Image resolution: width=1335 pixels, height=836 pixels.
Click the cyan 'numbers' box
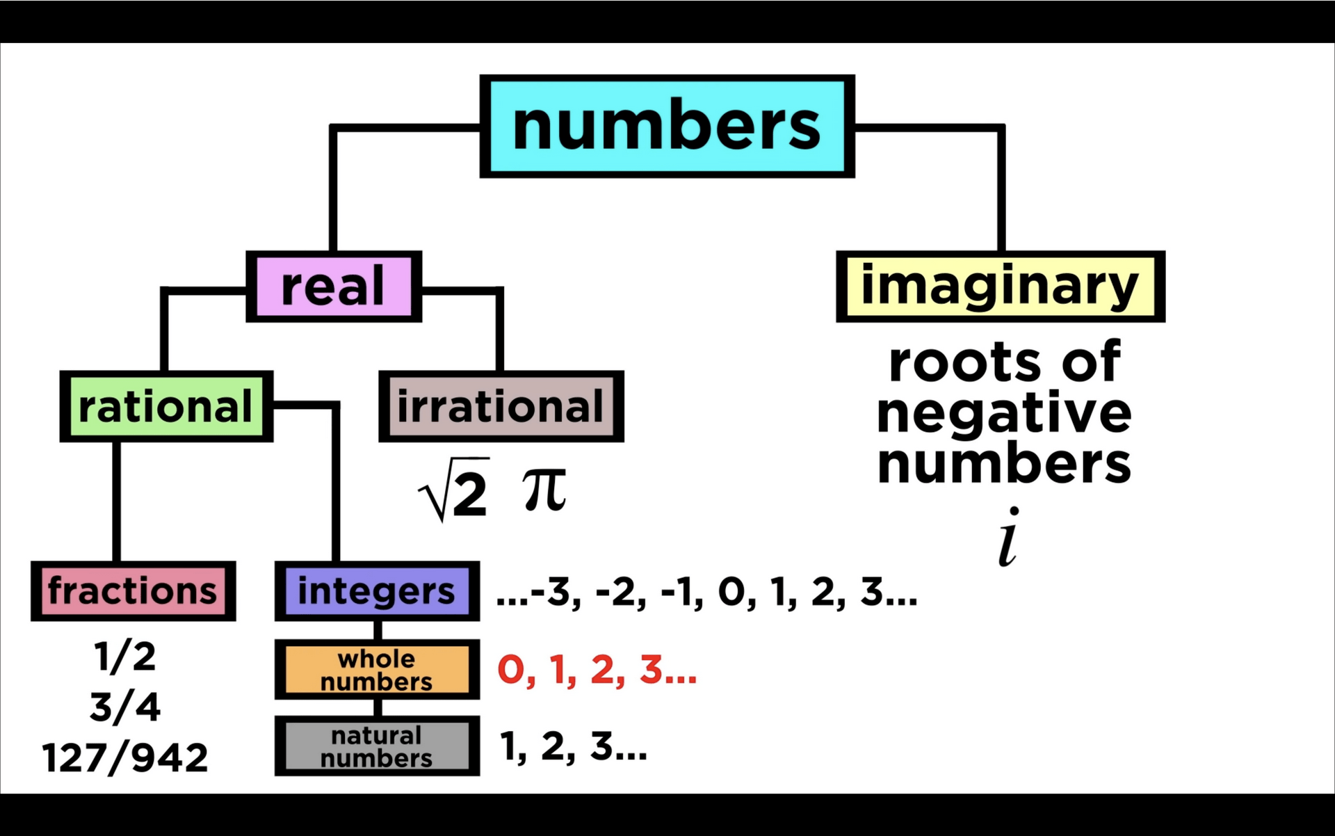(x=667, y=127)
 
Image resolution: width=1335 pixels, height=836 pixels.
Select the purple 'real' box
(x=334, y=287)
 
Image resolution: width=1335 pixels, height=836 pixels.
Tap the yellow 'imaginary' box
(x=1000, y=287)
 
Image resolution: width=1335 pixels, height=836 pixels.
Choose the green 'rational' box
(x=165, y=407)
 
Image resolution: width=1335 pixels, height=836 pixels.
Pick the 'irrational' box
(x=501, y=407)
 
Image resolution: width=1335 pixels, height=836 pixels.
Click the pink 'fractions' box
(x=133, y=591)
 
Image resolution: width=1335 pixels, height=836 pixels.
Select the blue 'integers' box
(x=377, y=591)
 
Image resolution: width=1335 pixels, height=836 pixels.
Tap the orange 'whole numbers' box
(x=377, y=670)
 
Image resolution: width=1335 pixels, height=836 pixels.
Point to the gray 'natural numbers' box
(x=377, y=746)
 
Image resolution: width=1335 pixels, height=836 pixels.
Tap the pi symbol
(x=544, y=489)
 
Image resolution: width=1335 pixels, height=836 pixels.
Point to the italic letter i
(x=1008, y=537)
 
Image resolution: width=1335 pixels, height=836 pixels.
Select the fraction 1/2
(x=125, y=657)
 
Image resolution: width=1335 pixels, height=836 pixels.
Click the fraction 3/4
(x=125, y=707)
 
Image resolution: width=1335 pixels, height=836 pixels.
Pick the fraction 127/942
(x=125, y=757)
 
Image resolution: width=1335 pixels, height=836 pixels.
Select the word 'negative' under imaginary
(x=1004, y=414)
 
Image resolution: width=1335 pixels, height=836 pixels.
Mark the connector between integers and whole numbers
(x=378, y=630)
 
